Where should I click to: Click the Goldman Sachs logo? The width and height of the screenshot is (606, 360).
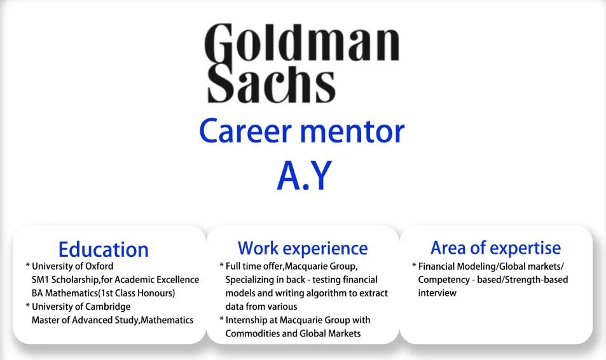[x=302, y=64]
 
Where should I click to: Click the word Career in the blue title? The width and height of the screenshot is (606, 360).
[x=245, y=132]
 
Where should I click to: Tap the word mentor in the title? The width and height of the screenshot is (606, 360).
[x=352, y=132]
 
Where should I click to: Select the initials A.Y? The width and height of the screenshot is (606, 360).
[x=305, y=176]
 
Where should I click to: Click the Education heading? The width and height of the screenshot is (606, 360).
[x=104, y=249]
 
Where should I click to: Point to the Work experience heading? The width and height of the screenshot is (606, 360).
[x=303, y=248]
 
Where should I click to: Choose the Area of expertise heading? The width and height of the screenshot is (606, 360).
[x=495, y=248]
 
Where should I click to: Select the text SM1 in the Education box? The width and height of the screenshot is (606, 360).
[x=41, y=280]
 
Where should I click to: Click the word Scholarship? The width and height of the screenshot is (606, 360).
[x=76, y=280]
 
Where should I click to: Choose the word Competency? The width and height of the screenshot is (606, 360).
[x=444, y=280]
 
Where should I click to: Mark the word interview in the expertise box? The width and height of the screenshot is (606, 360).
[x=437, y=293]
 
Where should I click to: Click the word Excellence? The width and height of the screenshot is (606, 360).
[x=179, y=280]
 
